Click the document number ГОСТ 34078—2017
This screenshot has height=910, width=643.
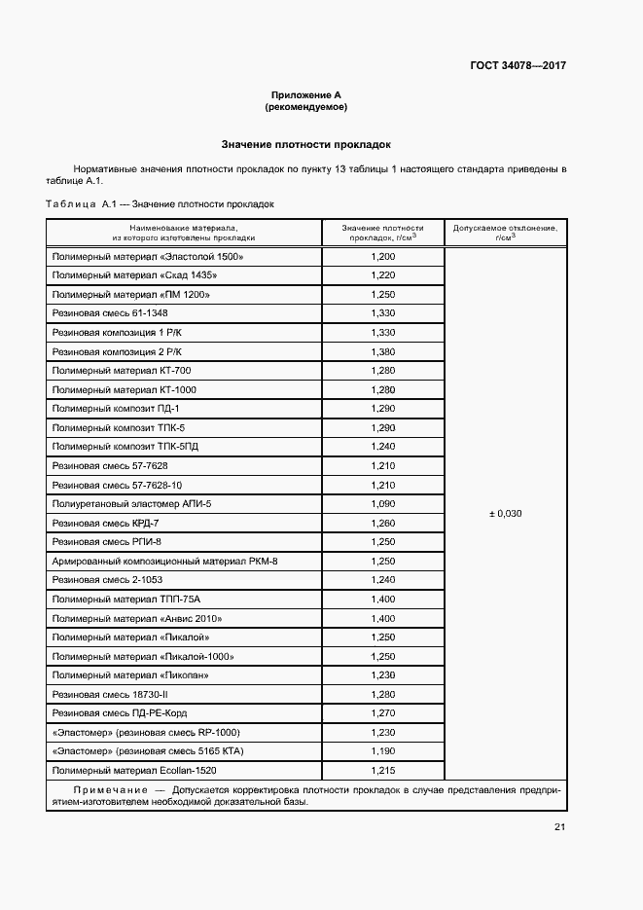pyautogui.click(x=518, y=66)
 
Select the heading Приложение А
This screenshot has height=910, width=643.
pyautogui.click(x=306, y=94)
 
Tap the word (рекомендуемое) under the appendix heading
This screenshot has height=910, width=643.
pyautogui.click(x=306, y=106)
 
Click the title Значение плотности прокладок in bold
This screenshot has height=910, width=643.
pyautogui.click(x=305, y=143)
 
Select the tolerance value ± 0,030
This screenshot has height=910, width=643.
pyautogui.click(x=505, y=513)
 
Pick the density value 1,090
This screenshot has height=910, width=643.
pyautogui.click(x=383, y=503)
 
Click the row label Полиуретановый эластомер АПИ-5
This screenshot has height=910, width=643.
pyautogui.click(x=131, y=503)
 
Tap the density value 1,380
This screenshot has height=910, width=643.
pyautogui.click(x=383, y=351)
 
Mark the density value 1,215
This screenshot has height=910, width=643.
pyautogui.click(x=383, y=770)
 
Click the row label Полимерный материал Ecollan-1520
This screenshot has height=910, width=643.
pyautogui.click(x=135, y=770)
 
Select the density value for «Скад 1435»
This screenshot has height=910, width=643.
pyautogui.click(x=383, y=275)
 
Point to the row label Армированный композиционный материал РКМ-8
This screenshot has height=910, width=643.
pyautogui.click(x=165, y=561)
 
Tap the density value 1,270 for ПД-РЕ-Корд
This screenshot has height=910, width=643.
pyautogui.click(x=383, y=712)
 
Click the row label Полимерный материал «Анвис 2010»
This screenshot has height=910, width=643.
pyautogui.click(x=137, y=618)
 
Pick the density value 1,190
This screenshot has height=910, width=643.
pyautogui.click(x=383, y=750)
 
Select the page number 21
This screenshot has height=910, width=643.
pyautogui.click(x=559, y=827)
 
